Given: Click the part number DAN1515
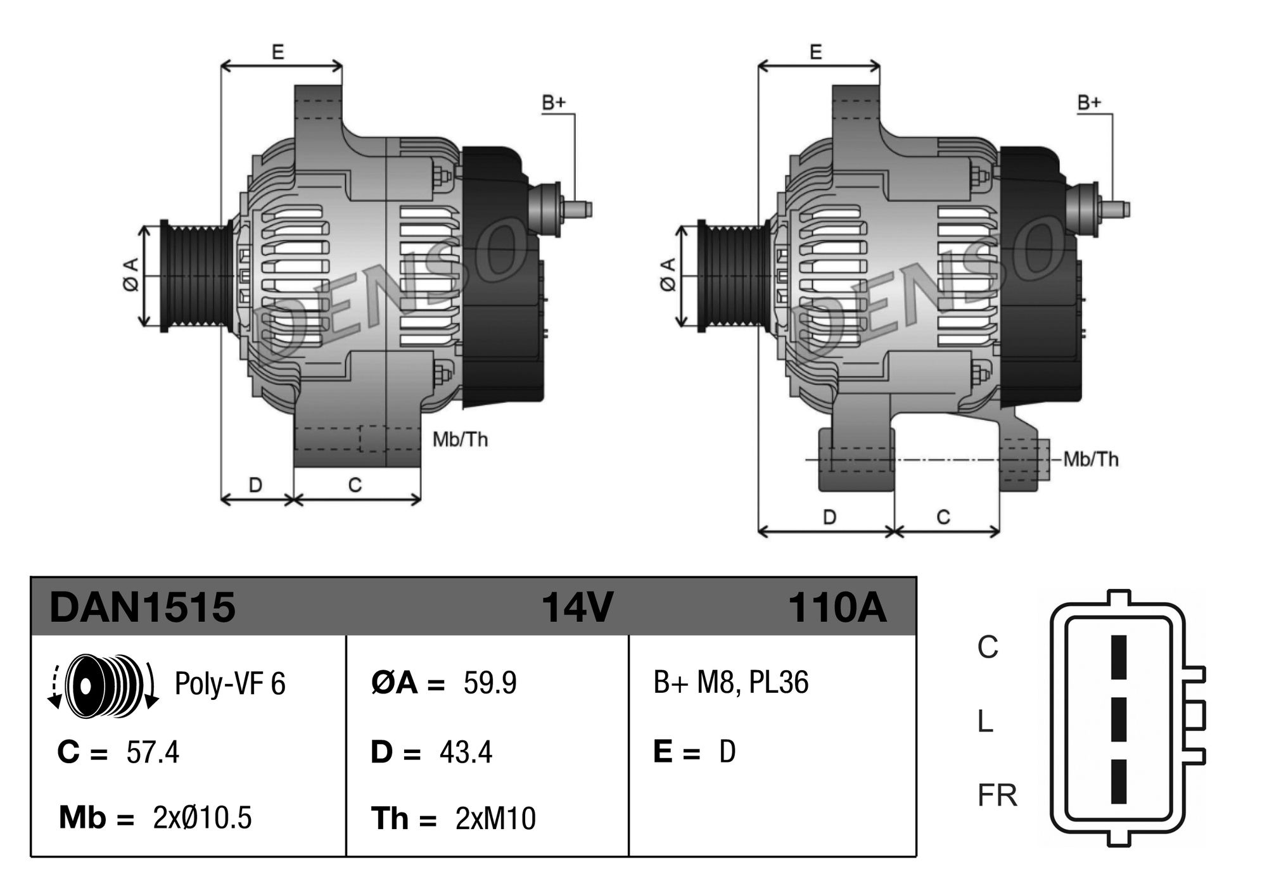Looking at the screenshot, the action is [142, 607].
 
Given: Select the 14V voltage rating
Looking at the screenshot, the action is [576, 607].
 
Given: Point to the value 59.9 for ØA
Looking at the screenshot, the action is [490, 683].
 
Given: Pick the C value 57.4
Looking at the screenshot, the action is [153, 752].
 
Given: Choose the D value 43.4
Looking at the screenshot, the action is [466, 752].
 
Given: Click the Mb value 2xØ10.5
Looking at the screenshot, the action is [202, 818].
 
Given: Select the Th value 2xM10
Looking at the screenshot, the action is [495, 818].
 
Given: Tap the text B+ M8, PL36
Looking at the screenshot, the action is [731, 683].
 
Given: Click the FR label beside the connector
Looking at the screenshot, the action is [997, 795].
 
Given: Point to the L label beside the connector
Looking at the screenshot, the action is [985, 721].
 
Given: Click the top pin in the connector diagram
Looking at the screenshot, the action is [1119, 657].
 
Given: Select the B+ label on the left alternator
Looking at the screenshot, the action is [553, 103].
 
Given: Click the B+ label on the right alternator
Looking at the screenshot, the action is [1090, 103].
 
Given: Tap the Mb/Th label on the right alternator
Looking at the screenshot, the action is [1091, 459].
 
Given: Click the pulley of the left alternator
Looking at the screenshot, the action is [197, 275].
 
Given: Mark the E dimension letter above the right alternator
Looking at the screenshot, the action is [816, 52].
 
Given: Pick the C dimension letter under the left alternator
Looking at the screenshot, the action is [355, 485].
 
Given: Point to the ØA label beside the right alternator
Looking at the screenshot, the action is [669, 275].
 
